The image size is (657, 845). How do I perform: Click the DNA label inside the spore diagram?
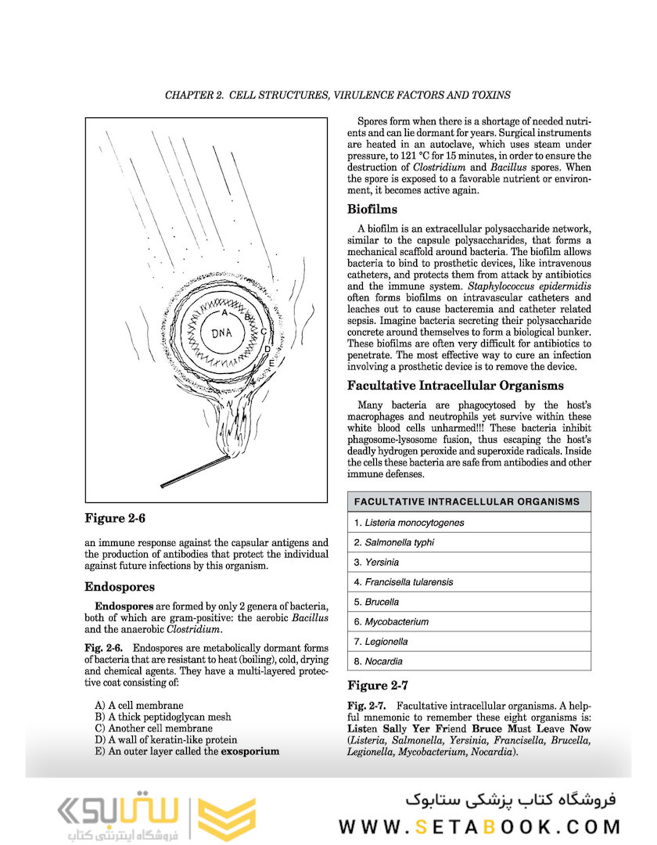pyautogui.click(x=223, y=333)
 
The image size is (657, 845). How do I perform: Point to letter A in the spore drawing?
pyautogui.click(x=224, y=312)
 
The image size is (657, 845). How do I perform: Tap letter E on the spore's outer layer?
pyautogui.click(x=271, y=364)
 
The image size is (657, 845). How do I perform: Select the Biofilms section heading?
pyautogui.click(x=372, y=209)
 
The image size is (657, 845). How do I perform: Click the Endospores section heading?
pyautogui.click(x=119, y=587)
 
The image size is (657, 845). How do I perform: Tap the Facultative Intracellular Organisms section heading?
pyautogui.click(x=456, y=385)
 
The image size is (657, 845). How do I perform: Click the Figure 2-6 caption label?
pyautogui.click(x=115, y=518)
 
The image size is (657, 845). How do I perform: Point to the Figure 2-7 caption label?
pyautogui.click(x=378, y=685)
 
